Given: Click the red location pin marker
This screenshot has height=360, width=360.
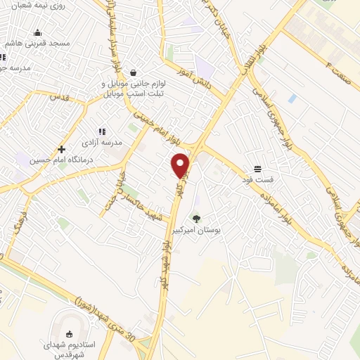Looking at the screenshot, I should coord(181,165).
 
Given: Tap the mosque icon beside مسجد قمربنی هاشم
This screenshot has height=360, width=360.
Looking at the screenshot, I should coord(38,32).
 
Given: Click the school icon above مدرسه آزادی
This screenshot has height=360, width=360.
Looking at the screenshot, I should coord(102,131).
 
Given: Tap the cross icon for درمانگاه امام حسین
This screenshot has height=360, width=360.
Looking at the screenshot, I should coord(62,149).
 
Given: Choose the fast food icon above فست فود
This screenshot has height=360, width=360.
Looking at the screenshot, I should coord(257,169).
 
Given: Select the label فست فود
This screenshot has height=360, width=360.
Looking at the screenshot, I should coord(257,180).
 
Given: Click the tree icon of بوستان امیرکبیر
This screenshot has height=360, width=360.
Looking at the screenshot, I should coord(196,219).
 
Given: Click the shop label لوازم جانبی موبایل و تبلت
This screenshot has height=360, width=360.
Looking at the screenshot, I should coord(136,87).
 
